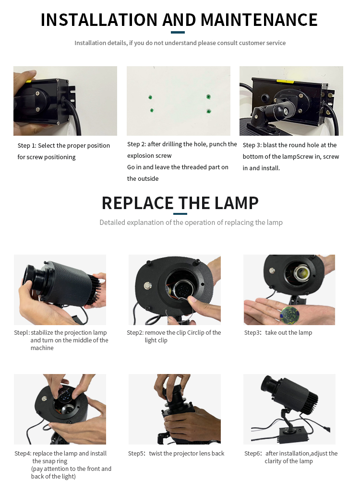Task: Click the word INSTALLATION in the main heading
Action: click(x=99, y=20)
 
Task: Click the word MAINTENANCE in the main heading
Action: click(x=259, y=20)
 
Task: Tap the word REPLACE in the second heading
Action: click(x=137, y=203)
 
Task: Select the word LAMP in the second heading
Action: click(x=235, y=203)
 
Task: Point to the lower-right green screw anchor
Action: click(x=208, y=111)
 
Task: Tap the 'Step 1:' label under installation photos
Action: click(x=27, y=146)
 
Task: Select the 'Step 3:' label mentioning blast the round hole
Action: click(x=252, y=145)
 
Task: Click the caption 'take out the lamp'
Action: click(x=288, y=333)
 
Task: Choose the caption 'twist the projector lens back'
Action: click(x=187, y=454)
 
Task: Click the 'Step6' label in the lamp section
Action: click(x=252, y=454)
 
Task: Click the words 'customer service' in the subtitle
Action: click(x=262, y=43)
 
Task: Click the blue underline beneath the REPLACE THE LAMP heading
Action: click(x=180, y=214)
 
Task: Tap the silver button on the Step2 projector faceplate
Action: click(x=148, y=284)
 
